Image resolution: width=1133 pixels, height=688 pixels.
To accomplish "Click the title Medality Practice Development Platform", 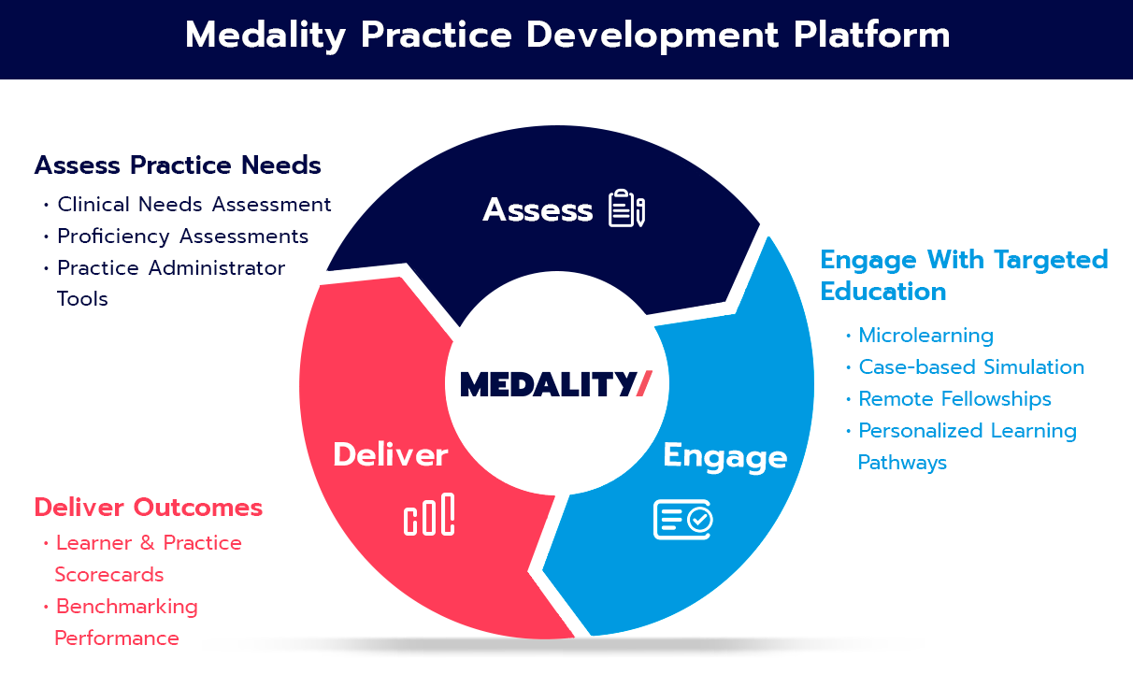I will [x=566, y=36].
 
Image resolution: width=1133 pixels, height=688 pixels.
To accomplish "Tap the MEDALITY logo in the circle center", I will [x=555, y=383].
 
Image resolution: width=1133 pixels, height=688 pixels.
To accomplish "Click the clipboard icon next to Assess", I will [x=626, y=208].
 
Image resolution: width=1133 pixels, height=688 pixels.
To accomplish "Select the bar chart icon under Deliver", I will [x=429, y=515].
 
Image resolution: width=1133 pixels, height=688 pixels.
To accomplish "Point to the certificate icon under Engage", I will [x=682, y=519].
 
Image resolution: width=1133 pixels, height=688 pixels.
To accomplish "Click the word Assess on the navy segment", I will [x=538, y=210].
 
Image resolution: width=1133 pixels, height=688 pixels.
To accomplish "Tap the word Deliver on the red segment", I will [x=391, y=455].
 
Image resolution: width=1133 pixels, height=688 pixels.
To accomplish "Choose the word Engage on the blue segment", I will [x=724, y=456].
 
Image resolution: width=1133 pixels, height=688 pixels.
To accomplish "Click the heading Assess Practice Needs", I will [x=178, y=165].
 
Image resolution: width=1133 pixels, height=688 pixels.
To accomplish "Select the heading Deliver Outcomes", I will [x=149, y=508].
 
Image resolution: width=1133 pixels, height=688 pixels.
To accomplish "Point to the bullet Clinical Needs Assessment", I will [x=194, y=204].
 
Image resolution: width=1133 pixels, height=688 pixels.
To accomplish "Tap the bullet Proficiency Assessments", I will [x=183, y=236].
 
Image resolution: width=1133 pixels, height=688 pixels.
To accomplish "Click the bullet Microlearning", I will [x=925, y=336].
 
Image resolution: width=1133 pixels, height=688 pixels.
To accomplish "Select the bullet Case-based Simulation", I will [x=971, y=367].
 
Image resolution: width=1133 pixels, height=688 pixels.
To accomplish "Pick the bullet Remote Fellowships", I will [x=954, y=399].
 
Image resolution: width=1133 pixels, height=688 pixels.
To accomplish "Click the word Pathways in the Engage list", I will [x=902, y=463].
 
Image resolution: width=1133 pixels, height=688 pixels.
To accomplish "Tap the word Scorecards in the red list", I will [x=109, y=575].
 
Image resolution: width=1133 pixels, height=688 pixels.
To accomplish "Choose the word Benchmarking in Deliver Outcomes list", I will [x=127, y=607].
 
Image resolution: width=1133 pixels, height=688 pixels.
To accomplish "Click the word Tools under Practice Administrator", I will [x=82, y=299].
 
